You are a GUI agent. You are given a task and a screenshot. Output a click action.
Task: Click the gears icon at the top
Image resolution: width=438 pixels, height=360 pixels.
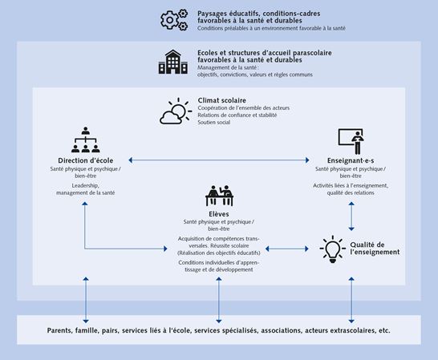[173, 20]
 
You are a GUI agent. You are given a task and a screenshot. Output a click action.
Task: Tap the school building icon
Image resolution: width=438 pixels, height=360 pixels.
[172, 62]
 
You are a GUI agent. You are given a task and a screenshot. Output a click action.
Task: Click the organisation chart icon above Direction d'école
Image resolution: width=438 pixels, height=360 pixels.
[85, 140]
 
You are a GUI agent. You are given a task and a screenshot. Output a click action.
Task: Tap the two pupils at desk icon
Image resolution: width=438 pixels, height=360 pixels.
[219, 196]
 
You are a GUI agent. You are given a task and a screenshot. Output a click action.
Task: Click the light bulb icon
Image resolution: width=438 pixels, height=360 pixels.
[331, 249]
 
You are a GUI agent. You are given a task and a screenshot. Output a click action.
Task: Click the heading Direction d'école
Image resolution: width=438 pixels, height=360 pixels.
[85, 160]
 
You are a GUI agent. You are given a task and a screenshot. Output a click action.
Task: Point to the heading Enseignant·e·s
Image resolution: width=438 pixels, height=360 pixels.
[351, 160]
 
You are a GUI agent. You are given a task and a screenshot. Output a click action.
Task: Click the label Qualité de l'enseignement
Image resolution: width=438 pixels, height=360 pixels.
[369, 249]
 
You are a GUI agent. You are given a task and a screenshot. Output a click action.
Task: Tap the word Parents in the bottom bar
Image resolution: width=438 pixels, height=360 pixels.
[62, 329]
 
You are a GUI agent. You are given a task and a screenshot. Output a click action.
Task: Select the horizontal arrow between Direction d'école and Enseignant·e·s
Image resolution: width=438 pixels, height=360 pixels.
[218, 160]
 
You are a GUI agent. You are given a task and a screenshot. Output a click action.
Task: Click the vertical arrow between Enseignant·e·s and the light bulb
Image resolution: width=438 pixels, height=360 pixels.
[351, 215]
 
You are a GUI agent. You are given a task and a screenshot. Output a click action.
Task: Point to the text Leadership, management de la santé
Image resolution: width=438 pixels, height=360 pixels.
[85, 188]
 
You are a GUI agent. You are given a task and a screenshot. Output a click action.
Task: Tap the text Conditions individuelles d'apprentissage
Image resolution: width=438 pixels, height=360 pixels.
[219, 266]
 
